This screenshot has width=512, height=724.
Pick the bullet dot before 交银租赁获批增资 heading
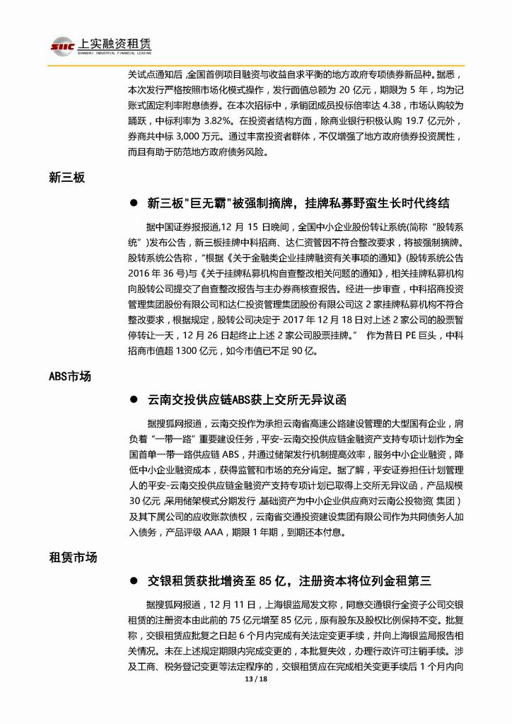point(133,581)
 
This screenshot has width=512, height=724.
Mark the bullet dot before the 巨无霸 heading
point(133,204)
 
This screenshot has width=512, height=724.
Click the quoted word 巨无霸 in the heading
point(201,204)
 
